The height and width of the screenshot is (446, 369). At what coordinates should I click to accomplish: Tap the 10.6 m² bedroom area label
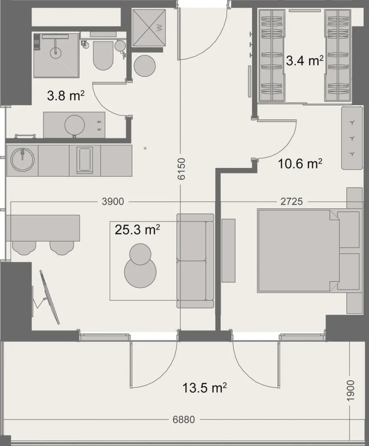pos(300,164)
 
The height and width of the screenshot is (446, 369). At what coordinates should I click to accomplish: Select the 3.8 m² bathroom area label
pos(65,96)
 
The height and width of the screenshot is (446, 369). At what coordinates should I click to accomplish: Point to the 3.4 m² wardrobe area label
pos(305,61)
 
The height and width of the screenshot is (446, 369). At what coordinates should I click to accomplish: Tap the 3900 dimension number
pos(113,202)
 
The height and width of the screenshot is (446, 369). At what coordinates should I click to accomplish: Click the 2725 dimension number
pos(291,202)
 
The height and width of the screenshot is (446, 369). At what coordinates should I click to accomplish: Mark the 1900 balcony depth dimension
pos(351,391)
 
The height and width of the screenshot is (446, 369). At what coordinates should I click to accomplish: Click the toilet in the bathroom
pos(103,55)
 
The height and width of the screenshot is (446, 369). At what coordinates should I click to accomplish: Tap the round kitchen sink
pos(22,160)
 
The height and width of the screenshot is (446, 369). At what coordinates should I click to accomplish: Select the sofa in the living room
pos(195,260)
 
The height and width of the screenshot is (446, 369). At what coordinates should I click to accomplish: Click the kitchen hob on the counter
pos(85,160)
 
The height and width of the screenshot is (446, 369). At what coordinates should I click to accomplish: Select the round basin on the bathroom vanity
pos(74,125)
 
